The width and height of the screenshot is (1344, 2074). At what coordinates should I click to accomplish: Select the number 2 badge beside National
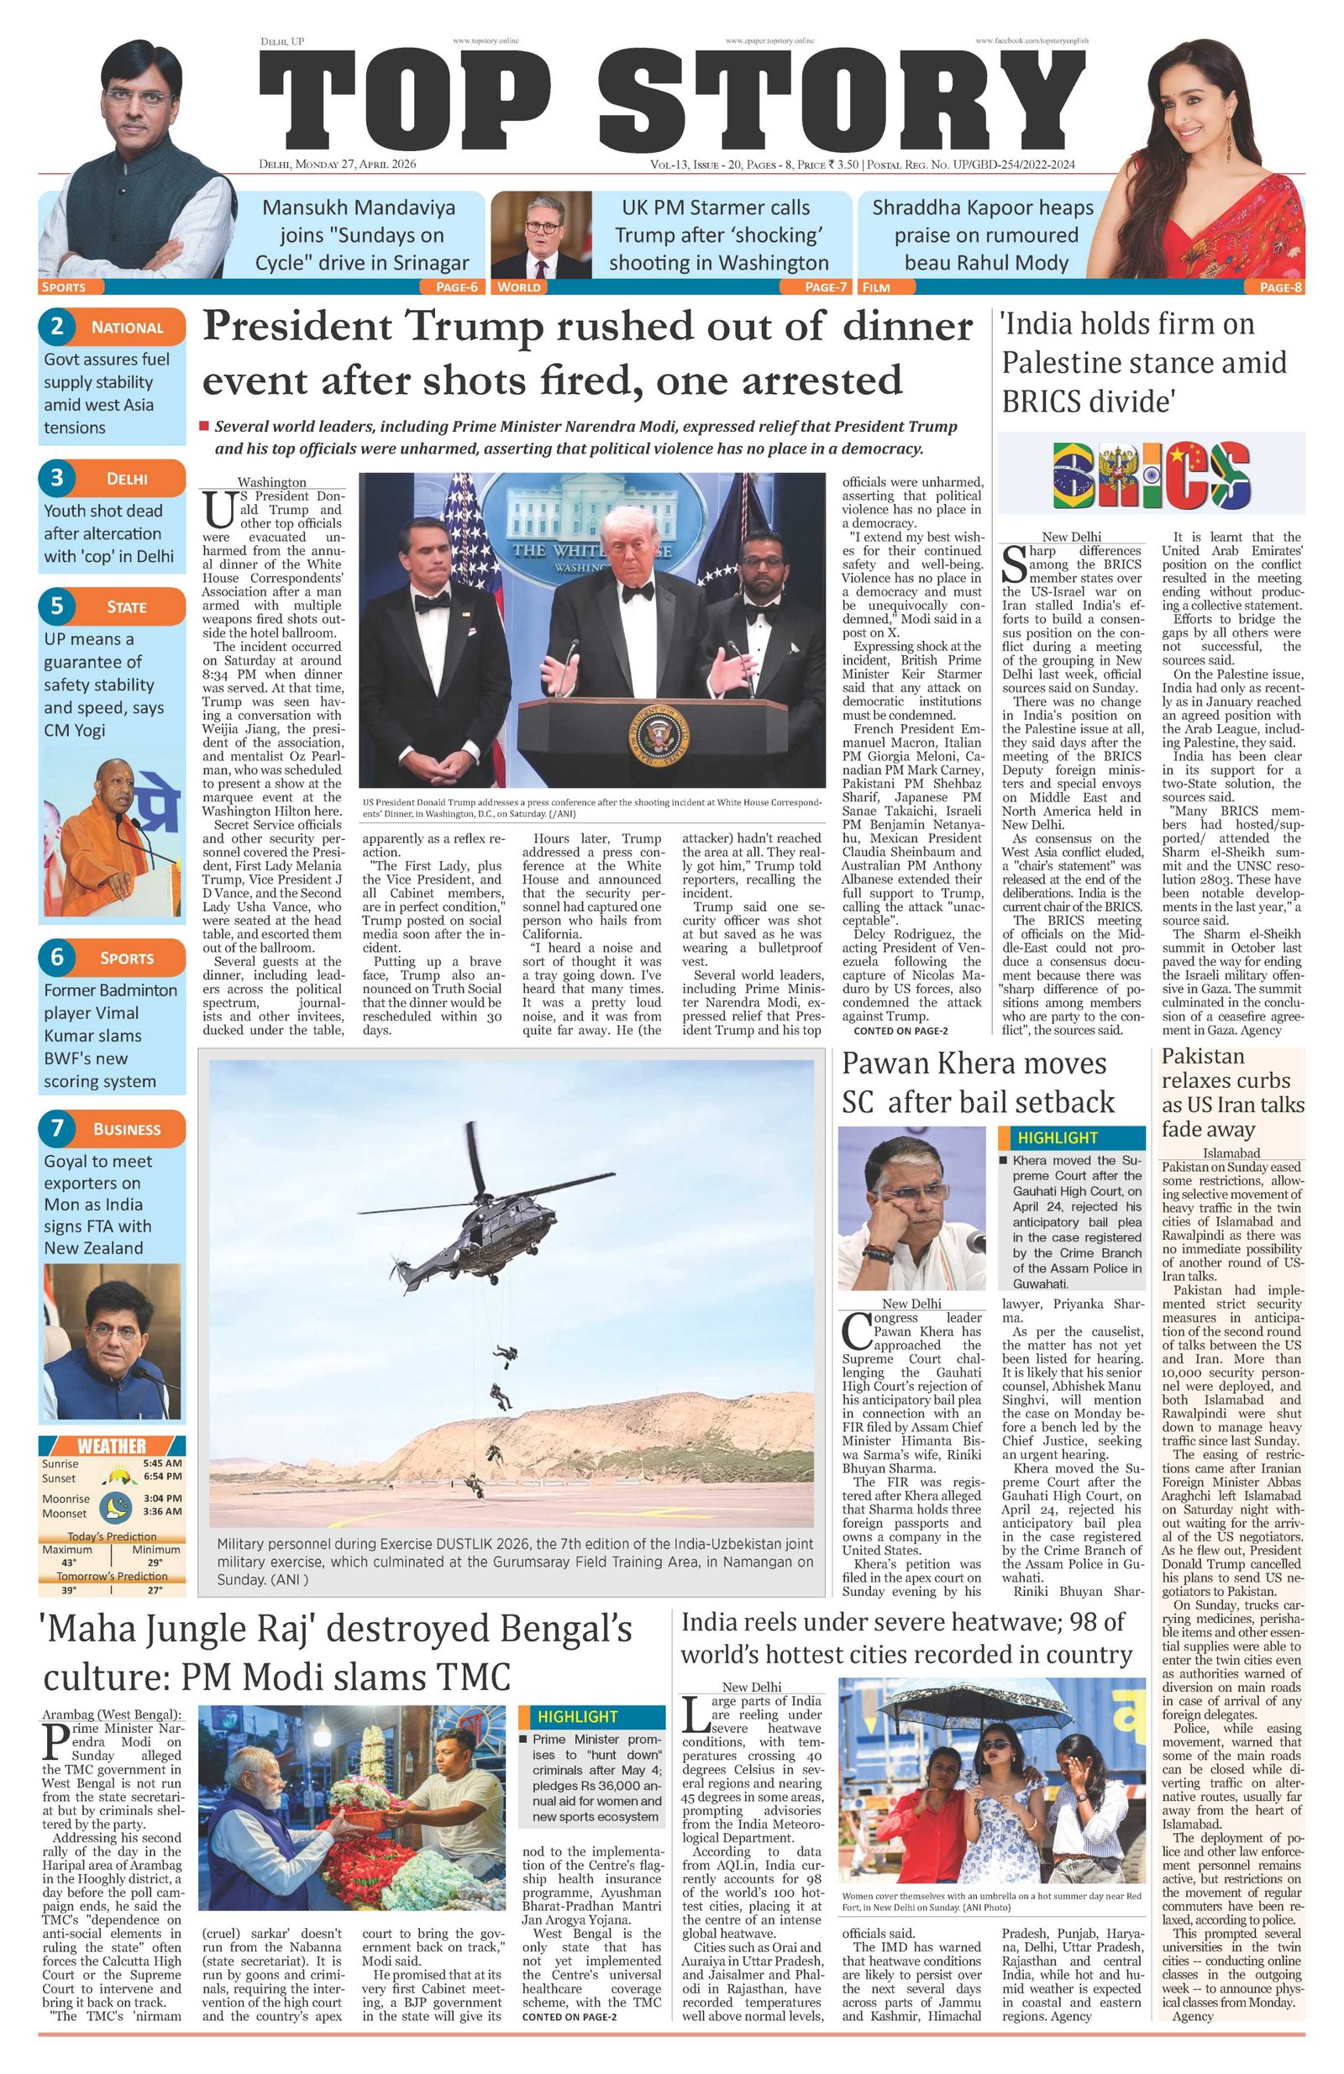pyautogui.click(x=57, y=327)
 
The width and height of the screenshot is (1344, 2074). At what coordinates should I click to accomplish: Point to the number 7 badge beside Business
pyautogui.click(x=57, y=1127)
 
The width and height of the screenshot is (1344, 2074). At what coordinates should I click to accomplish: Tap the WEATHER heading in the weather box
pyautogui.click(x=112, y=1447)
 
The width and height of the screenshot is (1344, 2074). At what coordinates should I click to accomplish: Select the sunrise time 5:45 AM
pyautogui.click(x=163, y=1463)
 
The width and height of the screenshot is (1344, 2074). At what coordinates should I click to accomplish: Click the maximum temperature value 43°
pyautogui.click(x=67, y=1562)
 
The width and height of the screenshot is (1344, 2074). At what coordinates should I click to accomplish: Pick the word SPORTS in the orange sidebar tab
pyautogui.click(x=127, y=958)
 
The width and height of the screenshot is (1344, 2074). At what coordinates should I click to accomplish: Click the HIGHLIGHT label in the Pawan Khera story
pyautogui.click(x=1058, y=1137)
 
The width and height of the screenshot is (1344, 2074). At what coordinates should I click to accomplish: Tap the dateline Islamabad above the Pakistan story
pyautogui.click(x=1231, y=1153)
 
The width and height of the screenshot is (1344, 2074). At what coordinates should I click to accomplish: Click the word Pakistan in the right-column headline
pyautogui.click(x=1203, y=1056)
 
